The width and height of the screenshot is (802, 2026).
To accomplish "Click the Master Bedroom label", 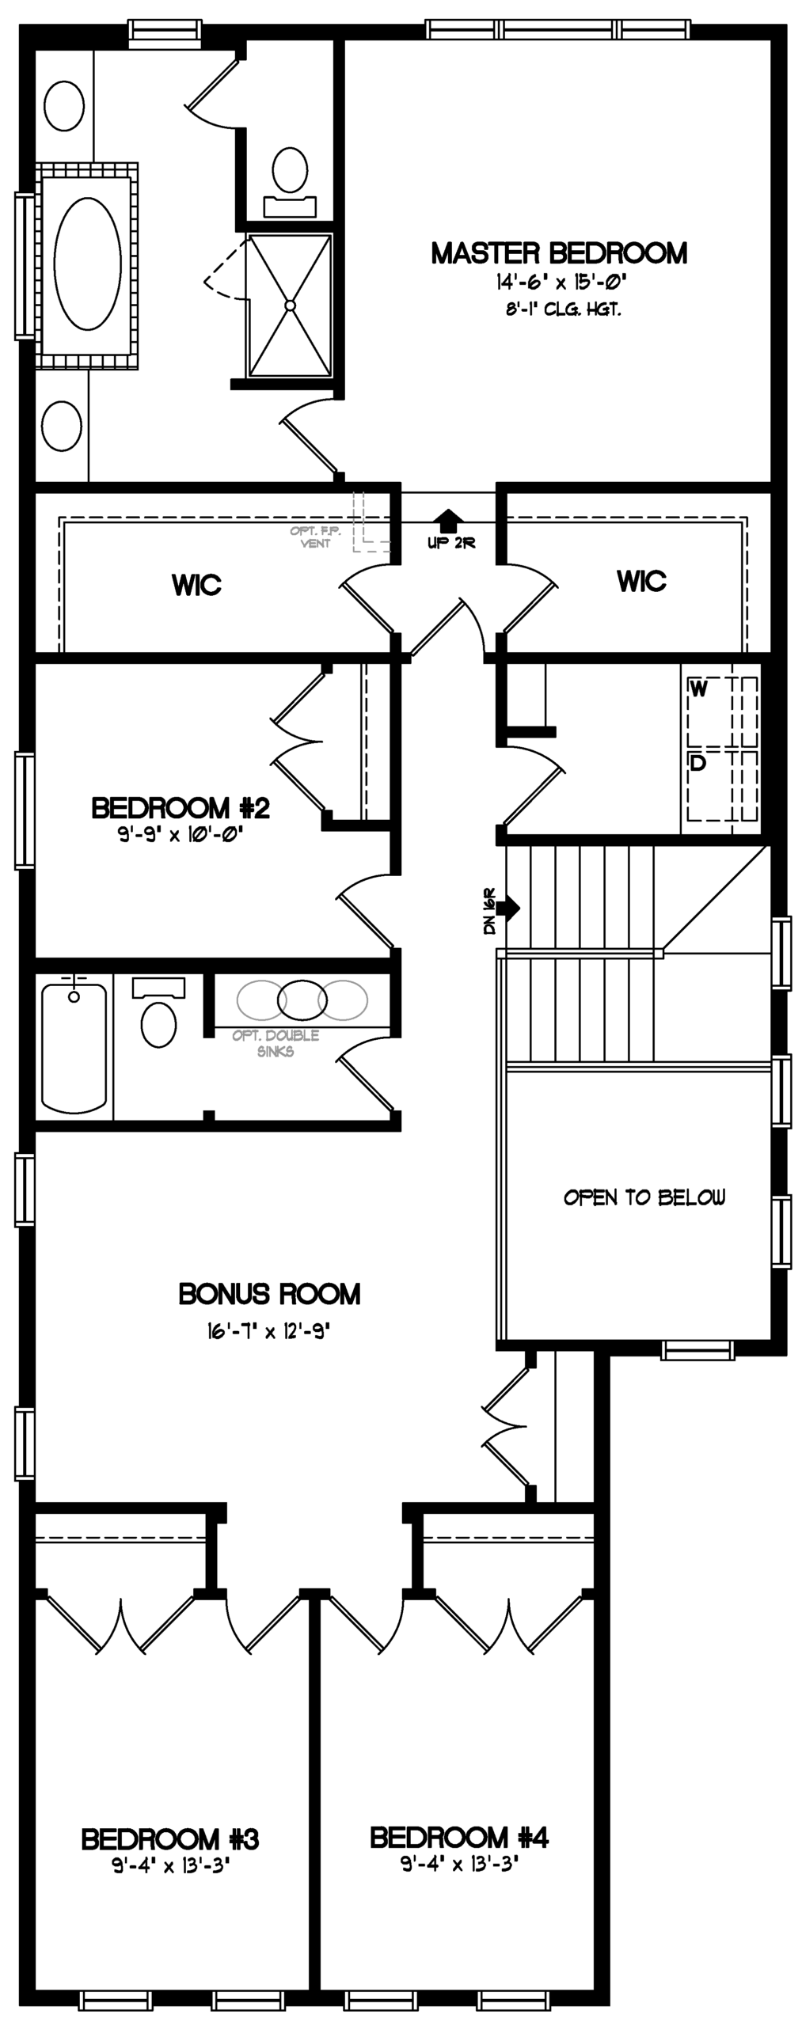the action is pos(559,253).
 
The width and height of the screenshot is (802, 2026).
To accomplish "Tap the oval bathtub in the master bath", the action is pos(87,263).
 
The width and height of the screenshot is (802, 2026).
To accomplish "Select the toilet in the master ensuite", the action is pos(290,181).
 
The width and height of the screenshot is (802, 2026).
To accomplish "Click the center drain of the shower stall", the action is pos(290,305).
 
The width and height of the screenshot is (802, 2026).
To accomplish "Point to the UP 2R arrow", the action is pos(449,520).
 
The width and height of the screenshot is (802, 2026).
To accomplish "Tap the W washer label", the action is pos(698,689).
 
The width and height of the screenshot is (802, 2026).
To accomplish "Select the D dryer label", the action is pos(697,764).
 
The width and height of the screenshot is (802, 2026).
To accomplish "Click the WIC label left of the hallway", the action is pos(196,586).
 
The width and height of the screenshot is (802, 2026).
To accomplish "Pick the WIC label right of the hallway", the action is pos(641,582).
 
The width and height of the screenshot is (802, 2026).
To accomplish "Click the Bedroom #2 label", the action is pos(181,808).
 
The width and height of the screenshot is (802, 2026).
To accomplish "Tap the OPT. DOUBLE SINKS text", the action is pos(276,1043).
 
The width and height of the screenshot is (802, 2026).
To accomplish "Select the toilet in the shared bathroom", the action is pos(158,1012).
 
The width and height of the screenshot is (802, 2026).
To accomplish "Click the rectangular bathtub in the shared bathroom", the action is pos(74,1047).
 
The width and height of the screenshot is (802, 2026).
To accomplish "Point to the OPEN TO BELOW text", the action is pos(644,1197).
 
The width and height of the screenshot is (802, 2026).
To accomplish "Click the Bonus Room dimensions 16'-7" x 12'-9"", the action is pos(268,1332).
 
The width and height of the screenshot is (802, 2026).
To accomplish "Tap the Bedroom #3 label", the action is pos(170,1840).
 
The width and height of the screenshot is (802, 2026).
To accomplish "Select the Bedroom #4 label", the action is pos(459,1837).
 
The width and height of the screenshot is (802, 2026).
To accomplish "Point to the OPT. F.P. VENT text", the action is pos(315,537).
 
